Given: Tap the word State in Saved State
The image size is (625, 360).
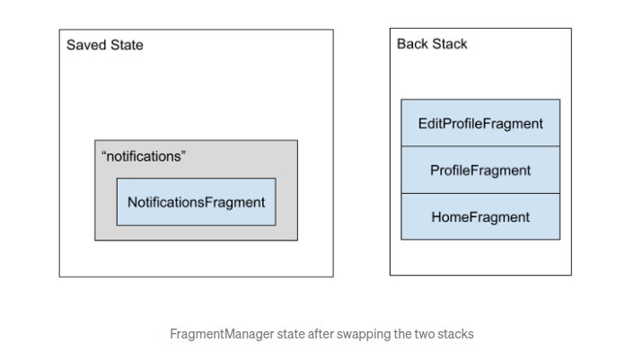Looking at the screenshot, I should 126,45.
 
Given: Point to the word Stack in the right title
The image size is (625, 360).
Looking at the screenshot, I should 449,44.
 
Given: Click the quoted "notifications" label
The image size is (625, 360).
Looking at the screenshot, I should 144,156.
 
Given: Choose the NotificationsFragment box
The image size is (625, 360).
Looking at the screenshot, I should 196,202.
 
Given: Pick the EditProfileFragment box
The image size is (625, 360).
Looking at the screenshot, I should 480,124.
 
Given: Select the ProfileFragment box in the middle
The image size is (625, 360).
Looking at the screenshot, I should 480,171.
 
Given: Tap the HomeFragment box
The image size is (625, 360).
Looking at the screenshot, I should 480,217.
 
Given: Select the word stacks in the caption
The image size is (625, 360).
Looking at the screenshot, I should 455,334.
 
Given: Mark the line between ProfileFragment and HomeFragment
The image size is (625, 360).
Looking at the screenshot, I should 480,194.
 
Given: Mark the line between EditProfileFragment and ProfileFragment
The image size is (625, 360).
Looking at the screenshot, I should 480,147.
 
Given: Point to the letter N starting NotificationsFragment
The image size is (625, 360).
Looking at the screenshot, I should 132,202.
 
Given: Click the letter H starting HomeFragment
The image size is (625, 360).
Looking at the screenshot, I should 436,217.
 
